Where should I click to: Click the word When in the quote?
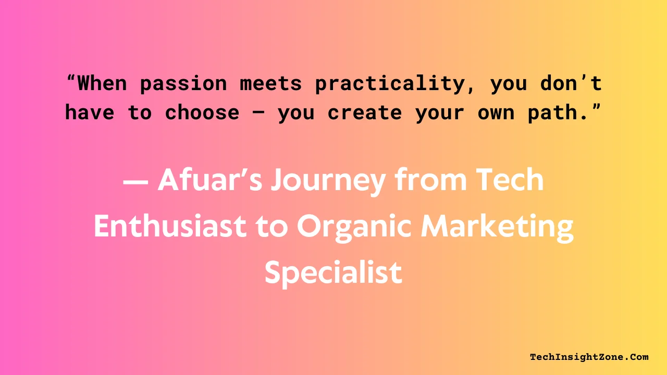(x=102, y=83)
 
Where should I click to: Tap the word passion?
(x=183, y=83)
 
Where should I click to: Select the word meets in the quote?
(x=271, y=83)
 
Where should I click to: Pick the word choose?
(x=202, y=113)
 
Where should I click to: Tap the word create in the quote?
(x=365, y=113)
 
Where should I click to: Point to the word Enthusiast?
(x=170, y=227)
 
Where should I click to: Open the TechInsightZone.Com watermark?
(x=589, y=357)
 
